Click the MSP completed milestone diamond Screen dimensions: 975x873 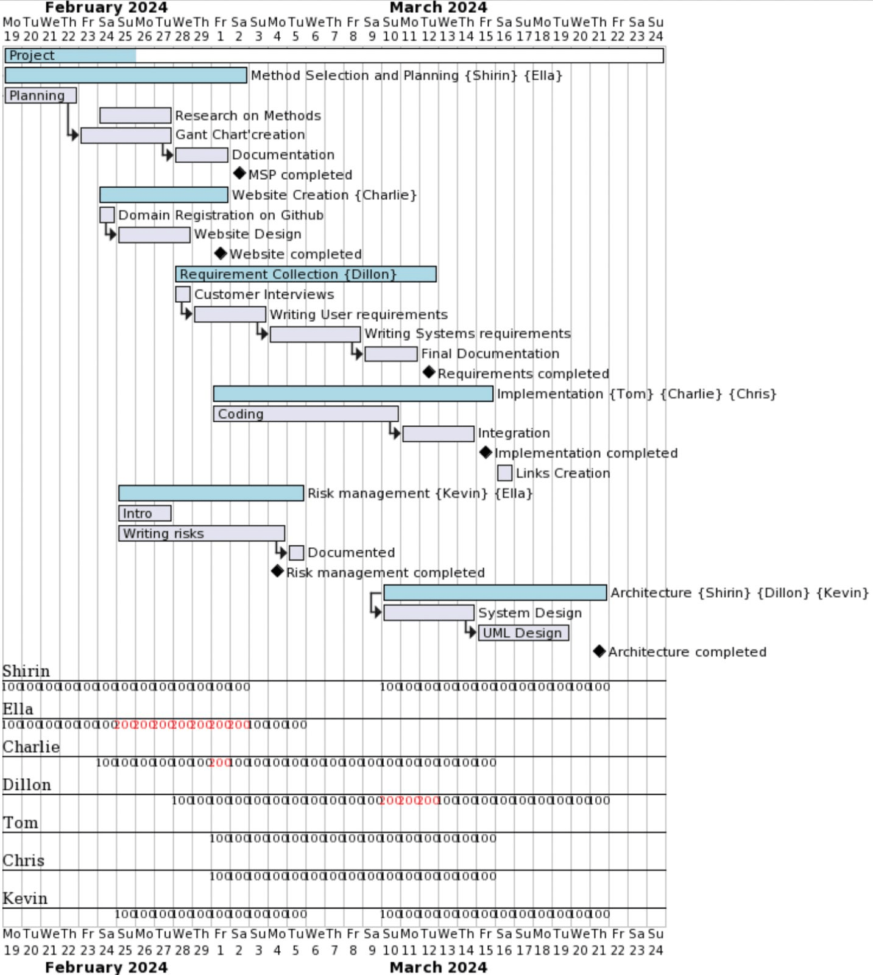pyautogui.click(x=239, y=174)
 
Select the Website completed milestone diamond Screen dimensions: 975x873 pyautogui.click(x=221, y=253)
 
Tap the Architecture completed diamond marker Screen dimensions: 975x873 pyautogui.click(x=599, y=651)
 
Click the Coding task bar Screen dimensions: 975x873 pyautogui.click(x=306, y=414)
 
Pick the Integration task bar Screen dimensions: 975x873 pyautogui.click(x=438, y=433)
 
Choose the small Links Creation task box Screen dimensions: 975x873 pyautogui.click(x=504, y=473)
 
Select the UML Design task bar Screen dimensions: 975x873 pyautogui.click(x=523, y=633)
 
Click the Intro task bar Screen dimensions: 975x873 pyautogui.click(x=145, y=513)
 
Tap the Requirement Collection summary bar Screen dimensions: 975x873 pyautogui.click(x=306, y=274)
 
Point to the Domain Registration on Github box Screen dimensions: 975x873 pyautogui.click(x=107, y=214)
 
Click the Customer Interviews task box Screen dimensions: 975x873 pyautogui.click(x=183, y=294)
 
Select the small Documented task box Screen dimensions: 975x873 pyautogui.click(x=296, y=553)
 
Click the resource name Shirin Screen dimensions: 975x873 pyautogui.click(x=26, y=671)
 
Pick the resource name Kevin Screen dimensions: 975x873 pyautogui.click(x=25, y=898)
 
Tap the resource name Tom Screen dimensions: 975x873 pyautogui.click(x=21, y=823)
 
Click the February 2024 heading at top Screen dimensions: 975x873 pyautogui.click(x=106, y=8)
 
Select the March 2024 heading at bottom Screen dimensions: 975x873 pyautogui.click(x=438, y=967)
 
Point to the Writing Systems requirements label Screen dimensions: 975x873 pyautogui.click(x=467, y=333)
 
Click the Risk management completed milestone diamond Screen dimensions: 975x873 pyautogui.click(x=277, y=571)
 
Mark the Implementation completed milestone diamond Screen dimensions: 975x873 pyautogui.click(x=486, y=452)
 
